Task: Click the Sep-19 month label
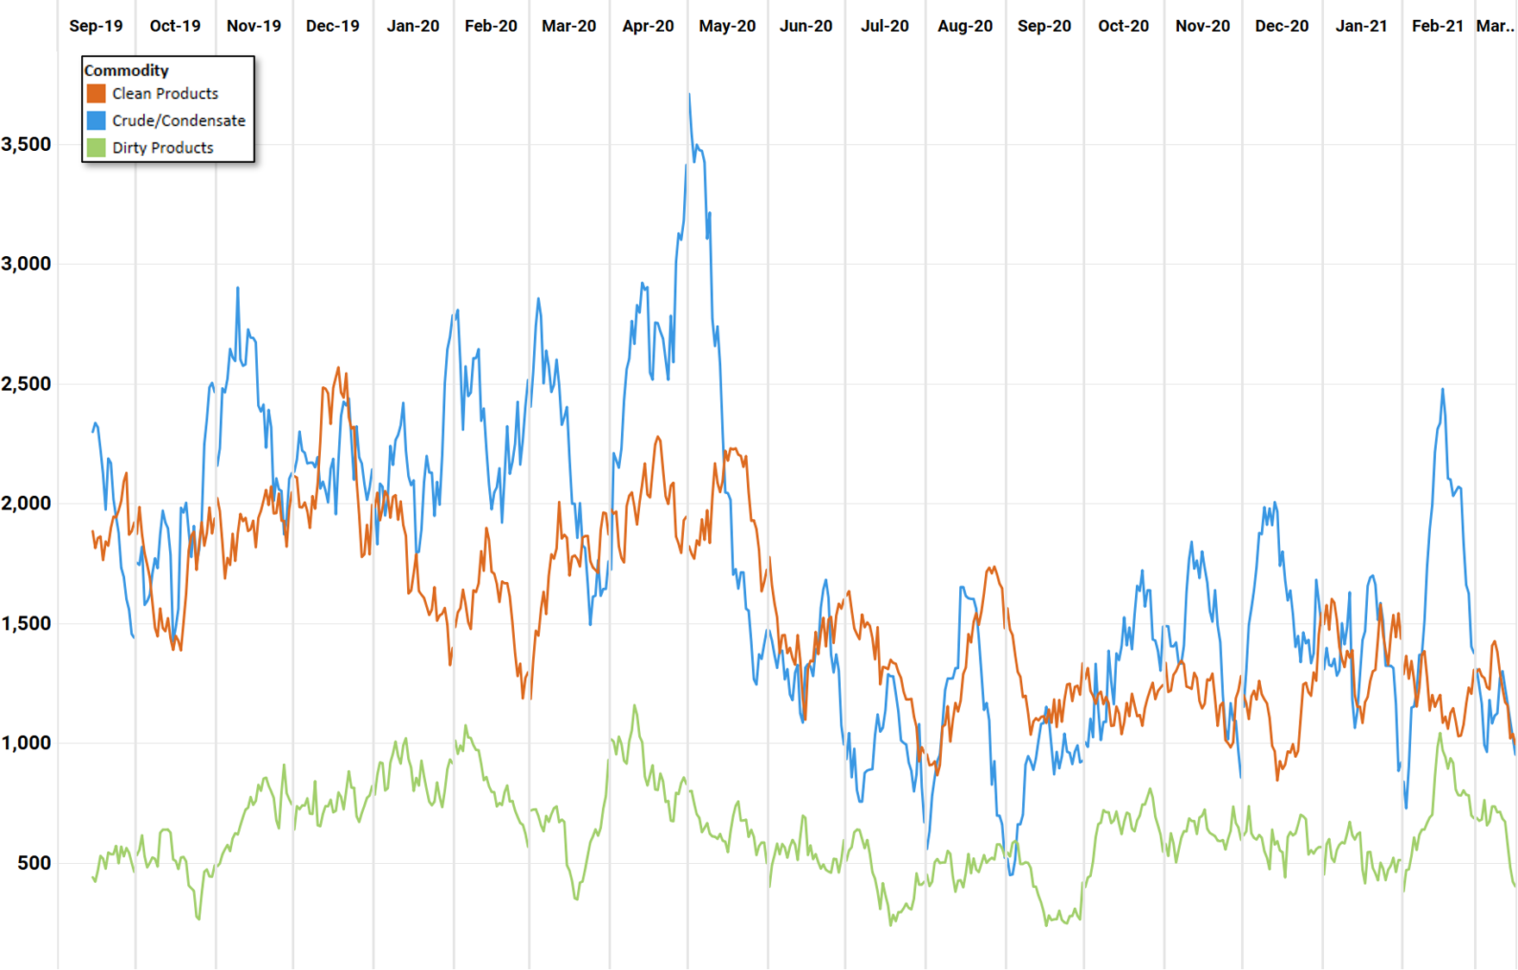(96, 26)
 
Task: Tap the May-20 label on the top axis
(727, 26)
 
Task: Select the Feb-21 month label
(1437, 26)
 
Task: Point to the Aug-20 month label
(964, 26)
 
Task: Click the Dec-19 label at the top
(332, 26)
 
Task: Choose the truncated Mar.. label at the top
(1495, 26)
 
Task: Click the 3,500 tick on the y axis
(27, 144)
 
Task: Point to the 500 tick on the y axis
(34, 863)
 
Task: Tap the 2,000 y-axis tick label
(27, 504)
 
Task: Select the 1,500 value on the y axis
(27, 623)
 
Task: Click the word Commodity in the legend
(126, 71)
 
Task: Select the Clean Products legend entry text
(165, 93)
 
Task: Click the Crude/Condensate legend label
(179, 121)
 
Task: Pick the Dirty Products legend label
(162, 147)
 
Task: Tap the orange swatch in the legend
(96, 93)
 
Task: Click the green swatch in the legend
(96, 147)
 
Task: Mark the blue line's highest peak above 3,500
(689, 95)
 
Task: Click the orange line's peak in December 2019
(338, 368)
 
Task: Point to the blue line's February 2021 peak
(1442, 390)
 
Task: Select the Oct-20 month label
(1123, 26)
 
